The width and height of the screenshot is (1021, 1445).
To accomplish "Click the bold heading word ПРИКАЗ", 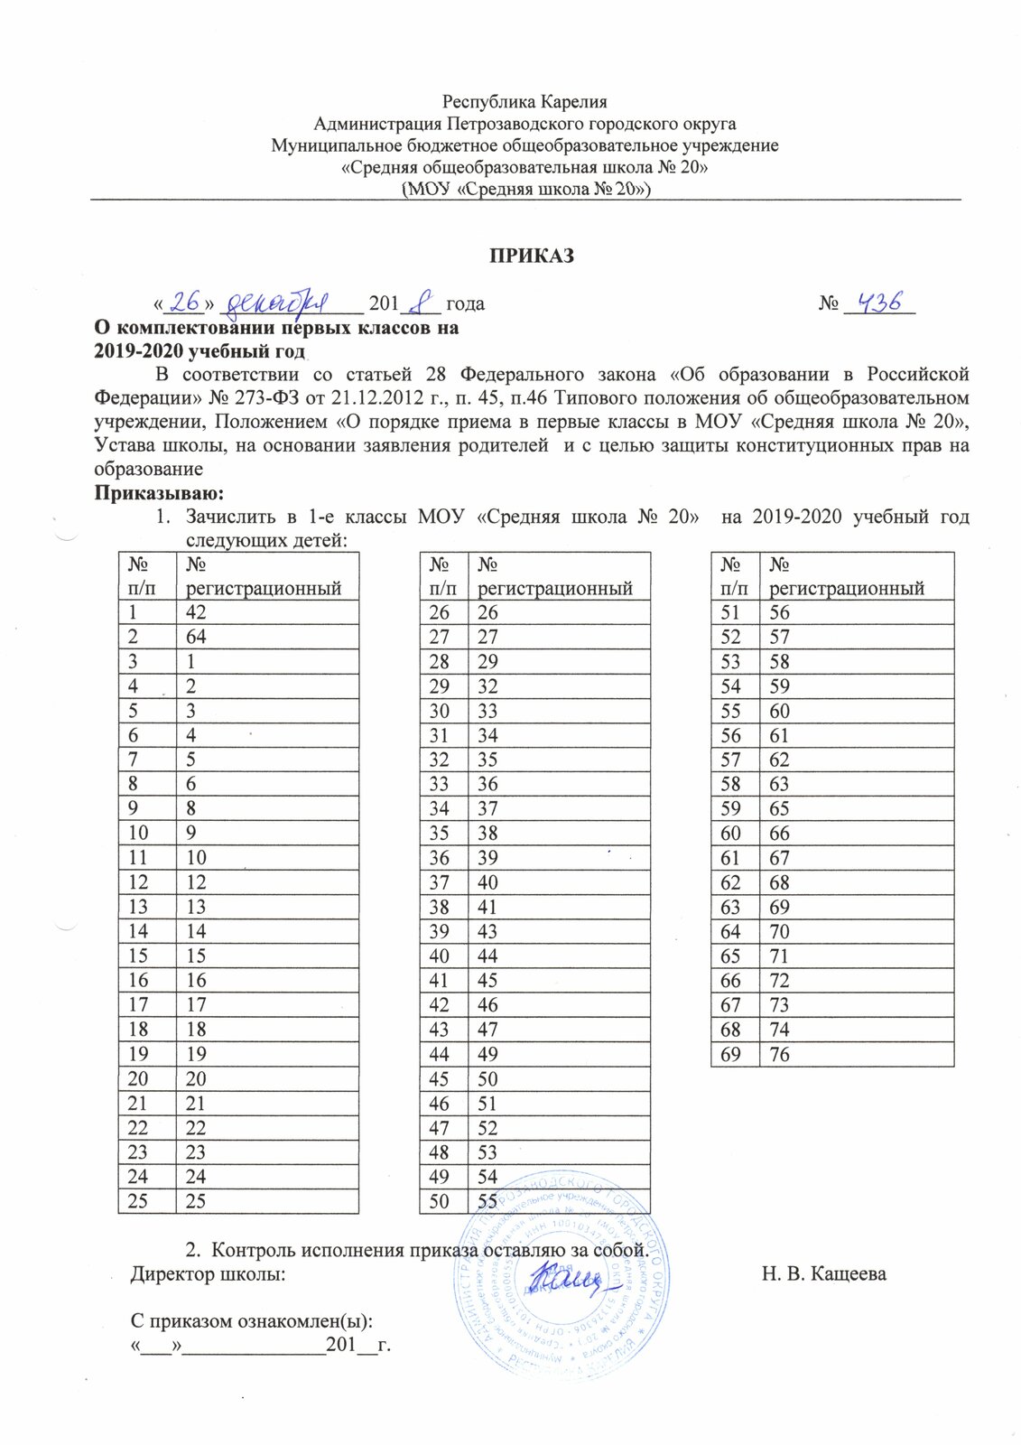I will (532, 256).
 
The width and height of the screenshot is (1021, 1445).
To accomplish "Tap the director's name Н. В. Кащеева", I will (823, 1274).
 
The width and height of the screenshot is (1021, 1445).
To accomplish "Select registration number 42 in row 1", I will (196, 612).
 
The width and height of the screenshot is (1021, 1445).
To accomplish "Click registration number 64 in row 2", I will (196, 637).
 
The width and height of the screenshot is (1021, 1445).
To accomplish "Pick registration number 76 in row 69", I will (779, 1054).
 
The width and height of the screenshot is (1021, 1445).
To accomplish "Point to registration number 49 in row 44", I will (487, 1054).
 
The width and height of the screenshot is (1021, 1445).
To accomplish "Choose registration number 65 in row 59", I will (779, 808).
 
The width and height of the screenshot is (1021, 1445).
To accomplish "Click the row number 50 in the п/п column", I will (440, 1201).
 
